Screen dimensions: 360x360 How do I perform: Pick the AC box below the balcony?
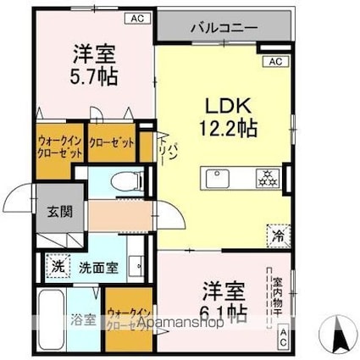coord(274,62)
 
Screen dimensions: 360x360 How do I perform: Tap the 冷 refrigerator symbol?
coord(278,234)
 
